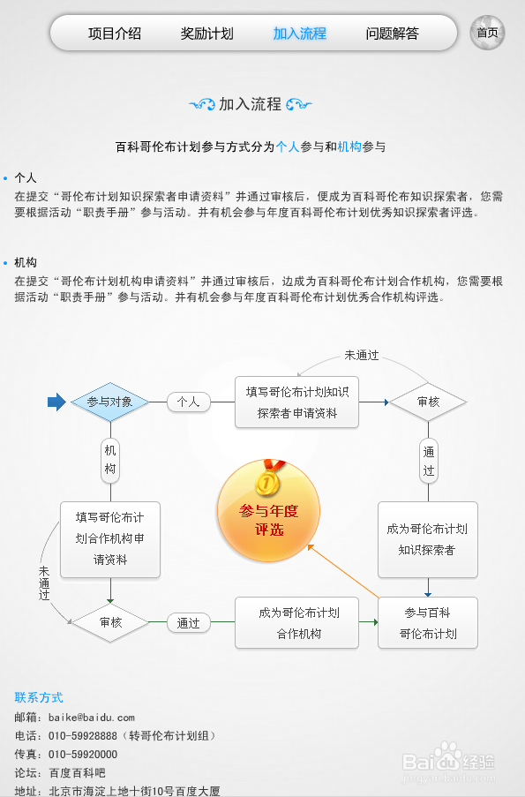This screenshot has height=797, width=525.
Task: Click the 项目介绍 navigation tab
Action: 115,34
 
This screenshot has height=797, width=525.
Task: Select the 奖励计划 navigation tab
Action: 206,34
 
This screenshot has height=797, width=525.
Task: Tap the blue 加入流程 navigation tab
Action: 299,34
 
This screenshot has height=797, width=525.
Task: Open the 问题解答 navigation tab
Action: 392,34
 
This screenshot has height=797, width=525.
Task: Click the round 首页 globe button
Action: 487,33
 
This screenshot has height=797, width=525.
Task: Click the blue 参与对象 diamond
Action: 109,402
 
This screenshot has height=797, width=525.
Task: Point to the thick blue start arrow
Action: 56,402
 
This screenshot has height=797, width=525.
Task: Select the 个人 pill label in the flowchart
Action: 189,402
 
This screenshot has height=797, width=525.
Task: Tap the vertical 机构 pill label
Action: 110,460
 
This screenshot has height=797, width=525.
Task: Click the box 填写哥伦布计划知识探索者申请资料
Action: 296,402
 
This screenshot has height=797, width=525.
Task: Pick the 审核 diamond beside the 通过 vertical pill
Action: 428,402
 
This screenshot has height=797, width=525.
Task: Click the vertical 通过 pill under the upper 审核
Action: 429,461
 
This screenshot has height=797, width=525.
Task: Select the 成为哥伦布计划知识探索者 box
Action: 427,539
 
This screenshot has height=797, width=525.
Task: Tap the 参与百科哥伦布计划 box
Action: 427,622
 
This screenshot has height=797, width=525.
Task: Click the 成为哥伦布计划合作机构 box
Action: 296,622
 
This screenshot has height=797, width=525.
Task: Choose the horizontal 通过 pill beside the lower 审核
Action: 189,622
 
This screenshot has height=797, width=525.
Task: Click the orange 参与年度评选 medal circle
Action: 268,510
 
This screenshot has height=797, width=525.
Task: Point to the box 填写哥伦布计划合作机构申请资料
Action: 110,539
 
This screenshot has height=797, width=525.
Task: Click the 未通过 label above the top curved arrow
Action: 362,356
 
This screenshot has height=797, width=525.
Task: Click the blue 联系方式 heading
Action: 39,697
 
